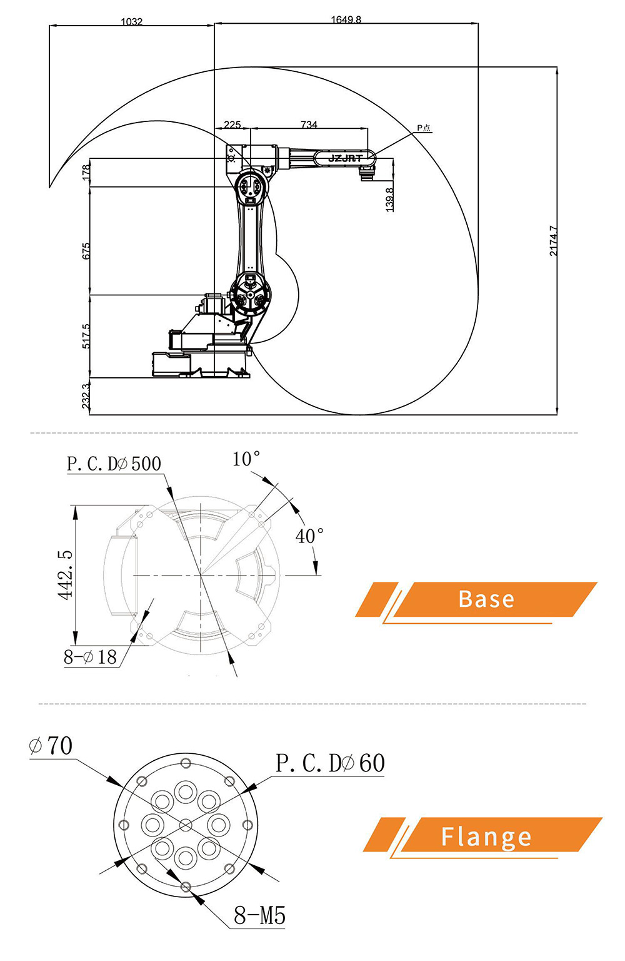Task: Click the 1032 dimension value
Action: pos(131,21)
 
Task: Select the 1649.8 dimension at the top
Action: pos(346,19)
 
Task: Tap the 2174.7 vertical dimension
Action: pos(553,241)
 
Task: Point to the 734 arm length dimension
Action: pos(309,125)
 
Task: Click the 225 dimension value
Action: pos(232,125)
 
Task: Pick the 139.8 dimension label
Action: pos(389,199)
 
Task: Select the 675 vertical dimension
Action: pos(86,251)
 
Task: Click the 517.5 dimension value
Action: pos(86,336)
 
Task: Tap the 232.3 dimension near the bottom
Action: pos(86,396)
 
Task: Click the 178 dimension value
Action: pos(86,173)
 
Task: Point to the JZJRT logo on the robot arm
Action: pos(345,158)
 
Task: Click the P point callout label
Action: pos(424,128)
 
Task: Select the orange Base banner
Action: pos(486,599)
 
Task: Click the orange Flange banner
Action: pos(486,836)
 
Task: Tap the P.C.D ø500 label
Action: pos(114,464)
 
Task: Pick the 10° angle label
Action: pos(246,459)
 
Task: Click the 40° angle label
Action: pos(309,536)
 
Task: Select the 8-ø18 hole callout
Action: pos(91,657)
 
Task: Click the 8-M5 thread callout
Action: pos(259,916)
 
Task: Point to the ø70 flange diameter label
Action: pos(51,746)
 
